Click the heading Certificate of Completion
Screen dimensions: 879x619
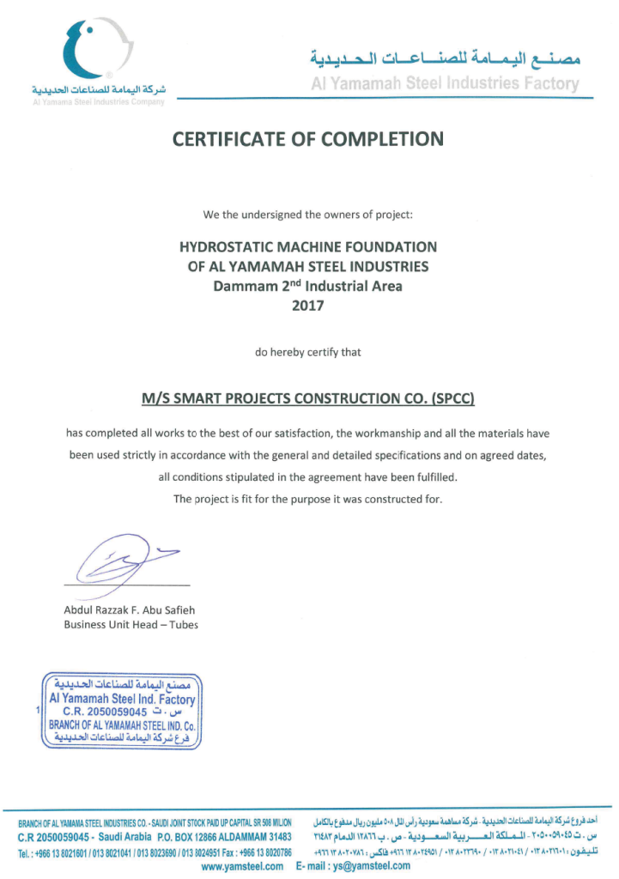308,138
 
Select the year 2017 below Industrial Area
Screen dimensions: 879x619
308,305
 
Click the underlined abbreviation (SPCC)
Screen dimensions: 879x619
445,398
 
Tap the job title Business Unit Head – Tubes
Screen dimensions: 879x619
130,625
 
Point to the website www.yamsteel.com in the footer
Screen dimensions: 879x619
242,866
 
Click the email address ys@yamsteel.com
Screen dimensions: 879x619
372,866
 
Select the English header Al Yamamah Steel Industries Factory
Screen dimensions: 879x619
445,84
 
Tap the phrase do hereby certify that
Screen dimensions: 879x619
308,352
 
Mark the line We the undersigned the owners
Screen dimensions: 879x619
307,214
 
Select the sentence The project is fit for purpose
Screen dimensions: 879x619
308,499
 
